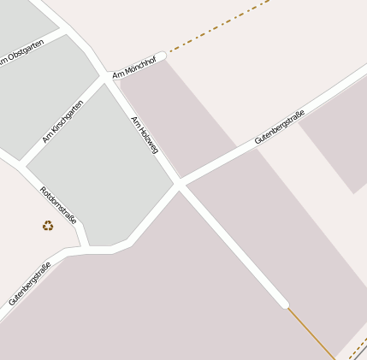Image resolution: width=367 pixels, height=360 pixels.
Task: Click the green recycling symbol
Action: pyautogui.click(x=48, y=226)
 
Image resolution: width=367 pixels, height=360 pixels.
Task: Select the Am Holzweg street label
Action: pyautogui.click(x=145, y=135)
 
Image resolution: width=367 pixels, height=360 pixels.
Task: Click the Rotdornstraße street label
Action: pyautogui.click(x=59, y=205)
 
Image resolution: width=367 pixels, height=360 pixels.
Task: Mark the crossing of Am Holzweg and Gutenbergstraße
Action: pyautogui.click(x=180, y=184)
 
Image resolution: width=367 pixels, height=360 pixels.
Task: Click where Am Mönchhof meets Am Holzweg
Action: pyautogui.click(x=111, y=76)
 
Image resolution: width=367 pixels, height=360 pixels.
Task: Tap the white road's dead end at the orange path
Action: pyautogui.click(x=284, y=303)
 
